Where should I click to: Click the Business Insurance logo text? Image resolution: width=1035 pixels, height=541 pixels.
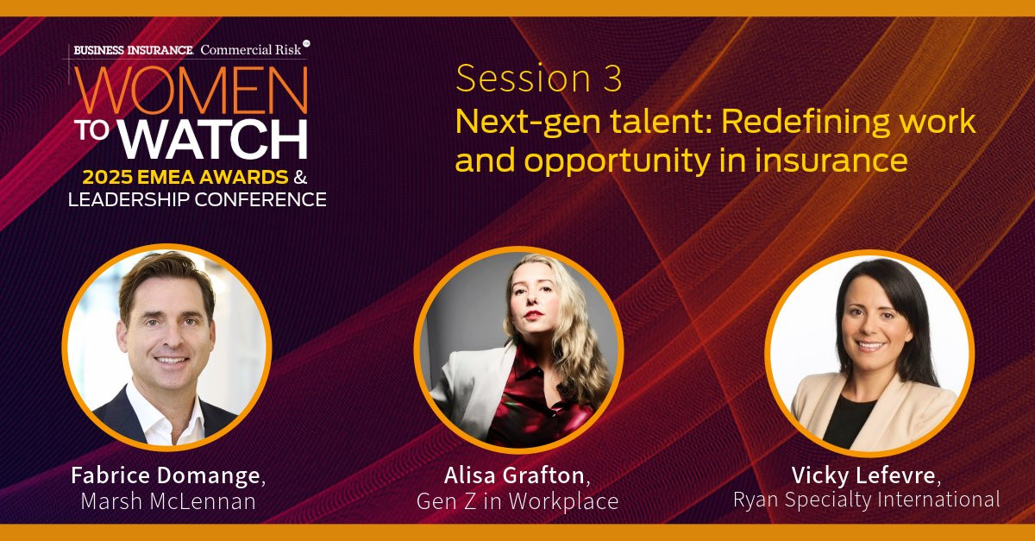[134, 50]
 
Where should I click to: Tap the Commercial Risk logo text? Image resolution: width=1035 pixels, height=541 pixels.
[251, 49]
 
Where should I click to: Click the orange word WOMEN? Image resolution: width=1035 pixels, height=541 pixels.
[191, 90]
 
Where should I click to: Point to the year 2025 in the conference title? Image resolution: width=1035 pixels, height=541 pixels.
[107, 177]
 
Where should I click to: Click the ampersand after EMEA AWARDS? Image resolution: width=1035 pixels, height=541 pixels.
[300, 177]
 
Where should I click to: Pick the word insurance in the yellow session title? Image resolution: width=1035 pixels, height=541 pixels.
[831, 160]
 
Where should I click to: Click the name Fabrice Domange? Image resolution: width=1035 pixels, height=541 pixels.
[166, 475]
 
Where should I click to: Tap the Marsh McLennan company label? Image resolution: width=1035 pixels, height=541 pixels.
[168, 501]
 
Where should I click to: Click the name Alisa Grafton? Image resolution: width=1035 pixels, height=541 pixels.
[514, 475]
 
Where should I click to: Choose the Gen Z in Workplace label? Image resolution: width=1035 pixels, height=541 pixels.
[517, 501]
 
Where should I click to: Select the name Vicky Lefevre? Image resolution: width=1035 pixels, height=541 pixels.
[863, 475]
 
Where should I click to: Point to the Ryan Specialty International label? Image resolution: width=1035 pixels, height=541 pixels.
[866, 500]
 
